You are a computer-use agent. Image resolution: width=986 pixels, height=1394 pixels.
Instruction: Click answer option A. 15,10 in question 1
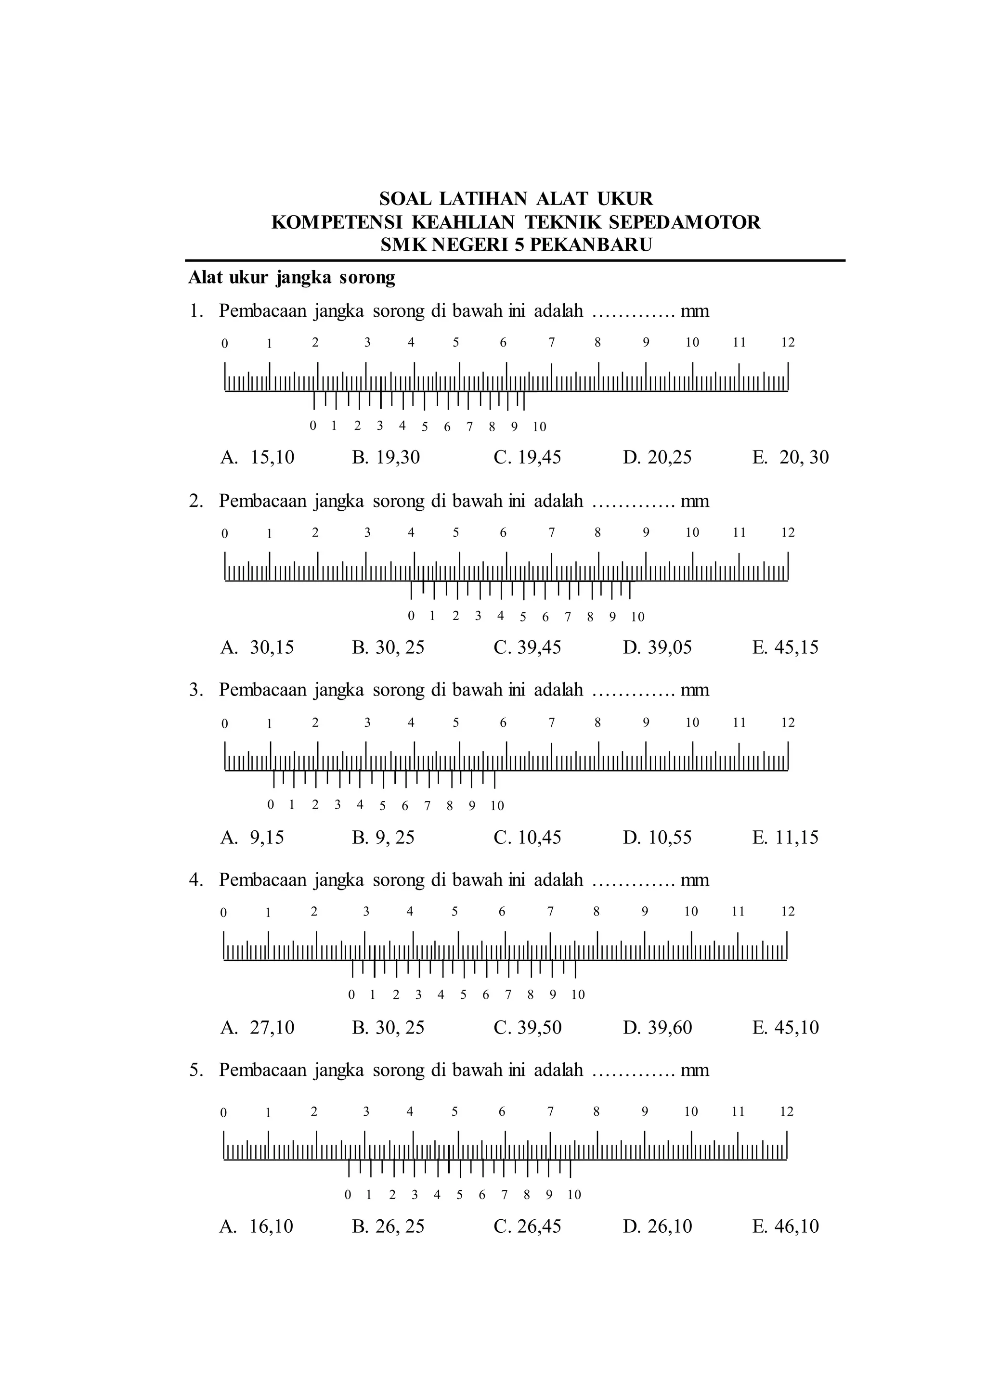point(258,457)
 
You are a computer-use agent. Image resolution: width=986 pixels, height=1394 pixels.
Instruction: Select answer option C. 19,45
point(528,457)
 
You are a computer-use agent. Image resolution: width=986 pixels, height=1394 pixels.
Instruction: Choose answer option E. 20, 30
point(791,457)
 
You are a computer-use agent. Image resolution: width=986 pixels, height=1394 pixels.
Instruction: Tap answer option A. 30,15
point(258,647)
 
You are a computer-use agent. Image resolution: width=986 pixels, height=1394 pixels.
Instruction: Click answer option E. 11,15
point(786,837)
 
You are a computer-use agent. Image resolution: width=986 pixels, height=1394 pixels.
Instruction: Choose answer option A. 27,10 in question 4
point(258,1027)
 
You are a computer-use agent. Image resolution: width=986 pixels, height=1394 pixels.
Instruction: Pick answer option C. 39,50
point(528,1027)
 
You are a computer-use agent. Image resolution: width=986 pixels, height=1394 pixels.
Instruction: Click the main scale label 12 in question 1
point(788,342)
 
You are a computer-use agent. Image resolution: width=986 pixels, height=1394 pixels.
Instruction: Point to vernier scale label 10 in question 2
point(637,618)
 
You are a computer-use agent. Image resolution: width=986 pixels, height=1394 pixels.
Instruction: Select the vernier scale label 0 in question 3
point(271,805)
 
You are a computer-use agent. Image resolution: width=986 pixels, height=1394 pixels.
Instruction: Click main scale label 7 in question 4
point(550,911)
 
